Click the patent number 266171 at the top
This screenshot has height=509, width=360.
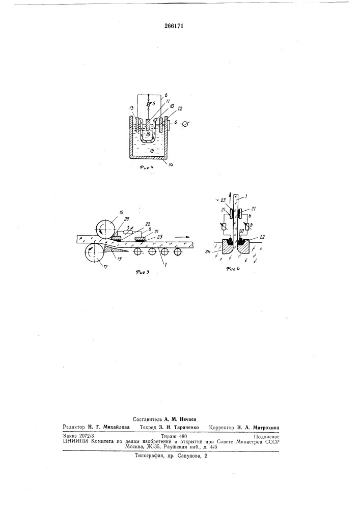tap(174, 26)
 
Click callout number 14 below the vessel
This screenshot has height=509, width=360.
tap(171, 164)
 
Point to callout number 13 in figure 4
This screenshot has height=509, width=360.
tap(132, 108)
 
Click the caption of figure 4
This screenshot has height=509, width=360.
tap(147, 168)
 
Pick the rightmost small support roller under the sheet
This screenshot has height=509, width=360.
tap(177, 251)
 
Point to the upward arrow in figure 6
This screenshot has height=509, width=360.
tap(230, 196)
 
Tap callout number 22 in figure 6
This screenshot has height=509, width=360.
tap(262, 237)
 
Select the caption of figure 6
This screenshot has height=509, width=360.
tap(233, 268)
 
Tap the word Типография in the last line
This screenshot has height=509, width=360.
tap(149, 456)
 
